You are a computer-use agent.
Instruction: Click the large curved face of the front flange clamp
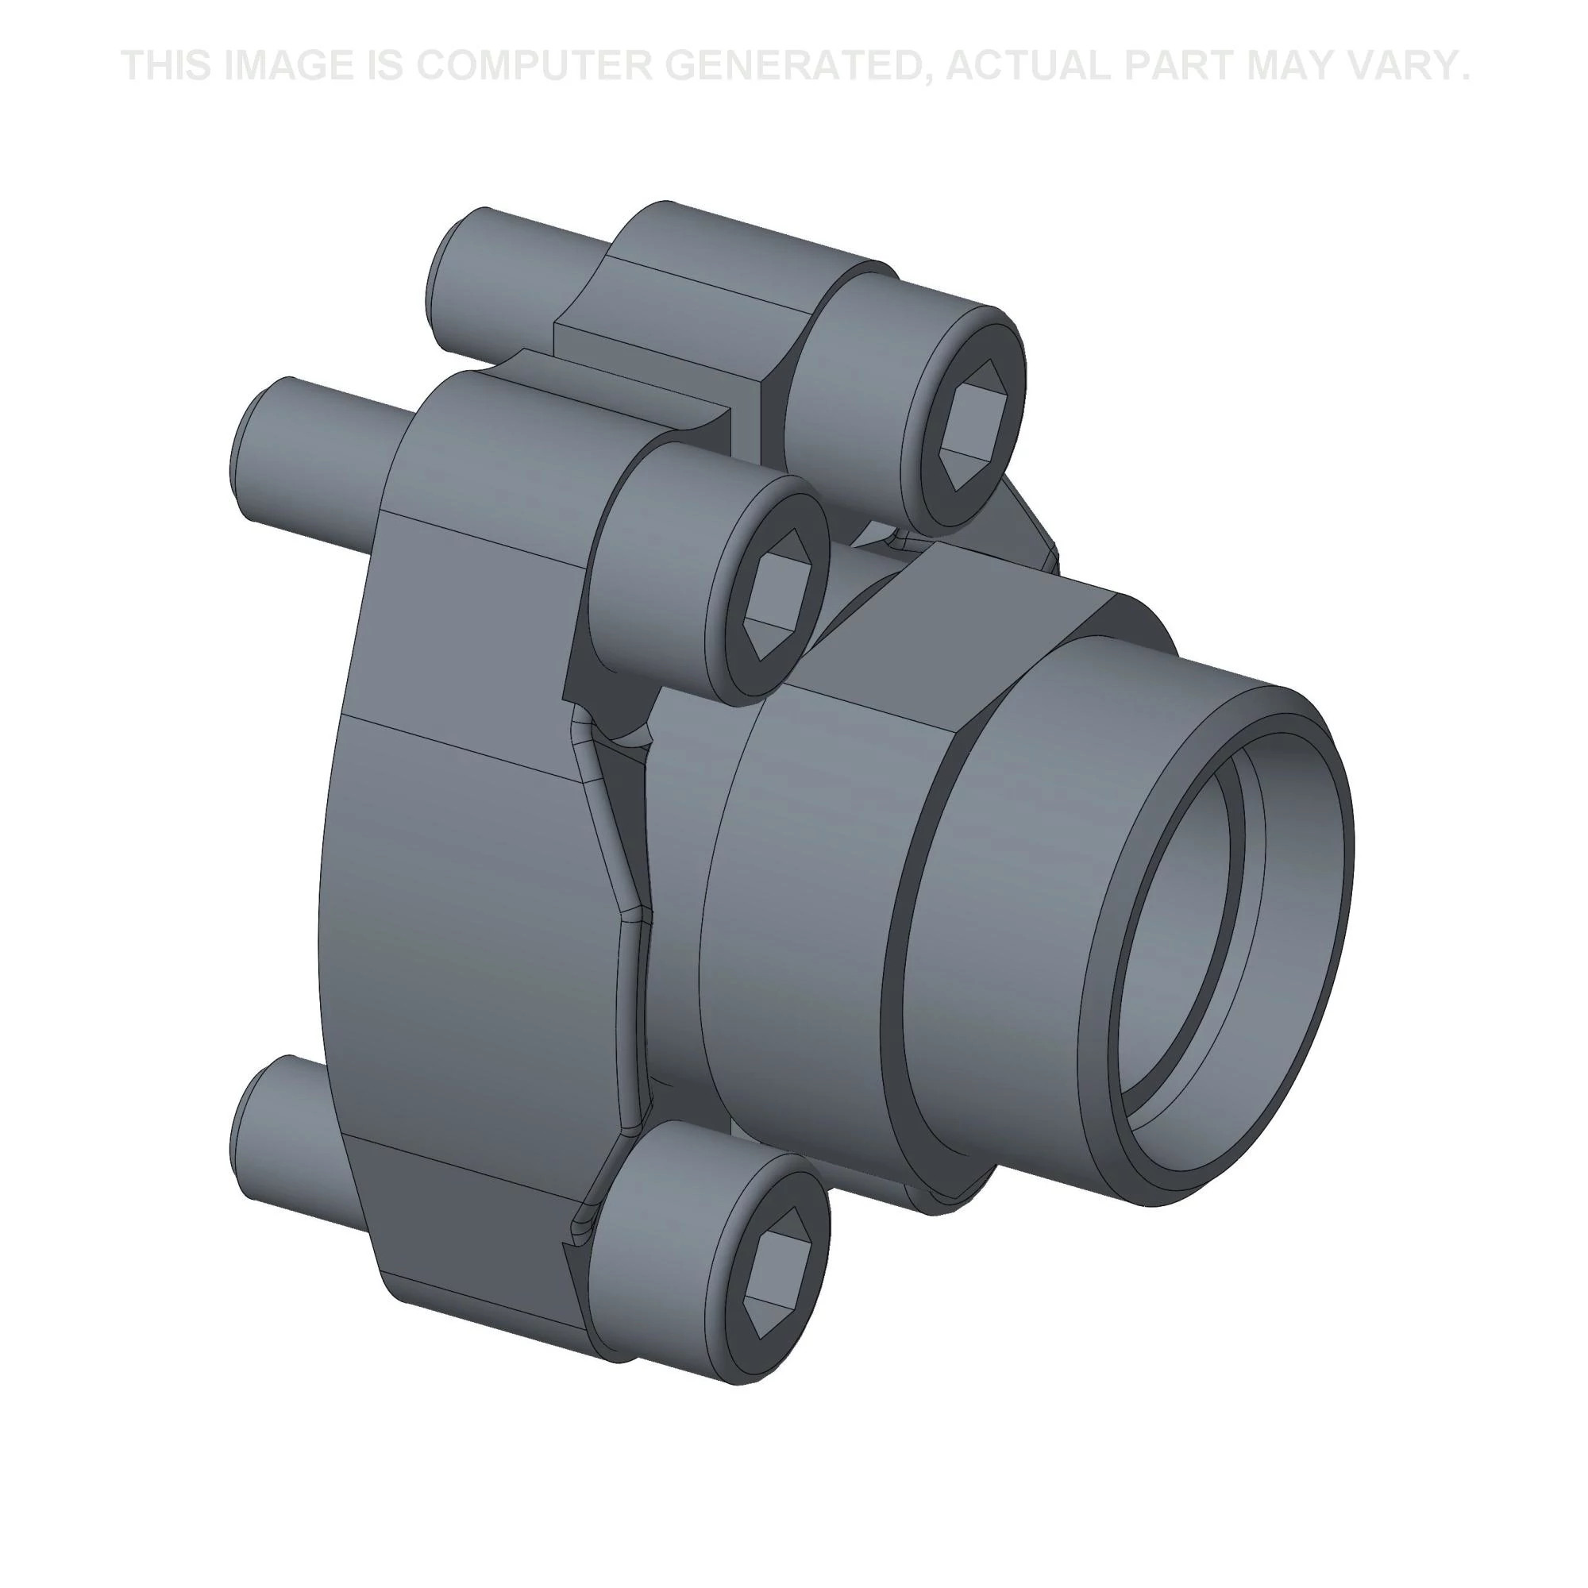461,904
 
